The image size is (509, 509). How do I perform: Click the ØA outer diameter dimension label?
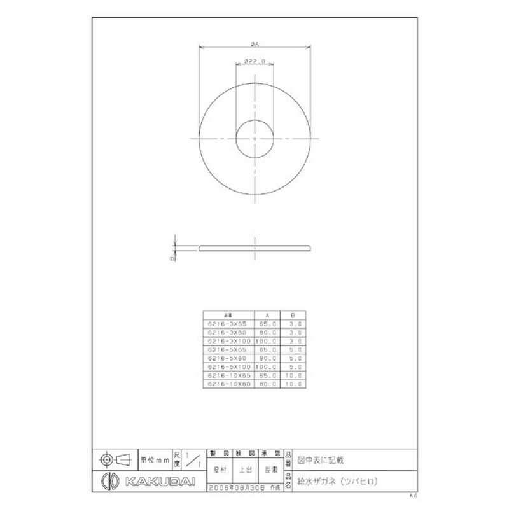[254, 44]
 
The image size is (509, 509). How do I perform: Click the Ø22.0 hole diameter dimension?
[254, 62]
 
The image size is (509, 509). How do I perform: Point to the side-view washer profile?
[254, 248]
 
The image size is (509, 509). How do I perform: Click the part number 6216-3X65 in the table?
[227, 323]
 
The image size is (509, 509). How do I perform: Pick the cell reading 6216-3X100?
[227, 340]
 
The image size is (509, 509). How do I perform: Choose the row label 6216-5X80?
[227, 358]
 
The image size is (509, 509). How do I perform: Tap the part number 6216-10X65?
[227, 375]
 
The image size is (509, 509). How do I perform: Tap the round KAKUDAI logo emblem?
[108, 480]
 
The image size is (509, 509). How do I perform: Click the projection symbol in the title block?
[114, 458]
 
